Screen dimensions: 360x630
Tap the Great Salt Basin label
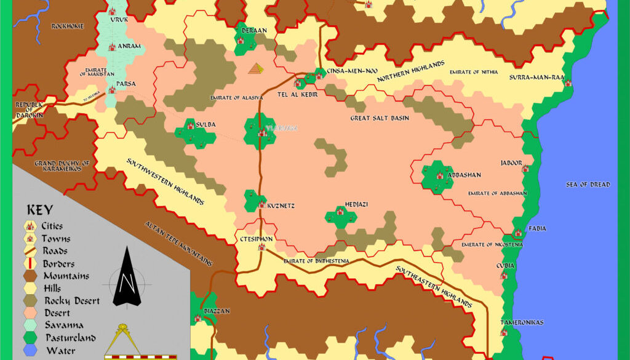click(x=380, y=118)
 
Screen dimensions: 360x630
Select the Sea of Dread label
click(x=588, y=185)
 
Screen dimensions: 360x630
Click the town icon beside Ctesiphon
click(x=261, y=247)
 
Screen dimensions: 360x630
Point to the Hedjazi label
click(x=356, y=204)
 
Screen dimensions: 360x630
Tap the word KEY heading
click(x=40, y=210)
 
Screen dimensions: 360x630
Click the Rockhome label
click(x=68, y=26)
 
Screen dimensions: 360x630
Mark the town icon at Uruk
click(x=112, y=11)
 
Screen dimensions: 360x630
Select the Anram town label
click(x=132, y=46)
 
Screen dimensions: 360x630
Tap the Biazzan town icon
click(x=197, y=318)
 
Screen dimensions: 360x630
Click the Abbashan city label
click(x=465, y=175)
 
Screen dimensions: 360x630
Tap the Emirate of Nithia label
click(x=473, y=72)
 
